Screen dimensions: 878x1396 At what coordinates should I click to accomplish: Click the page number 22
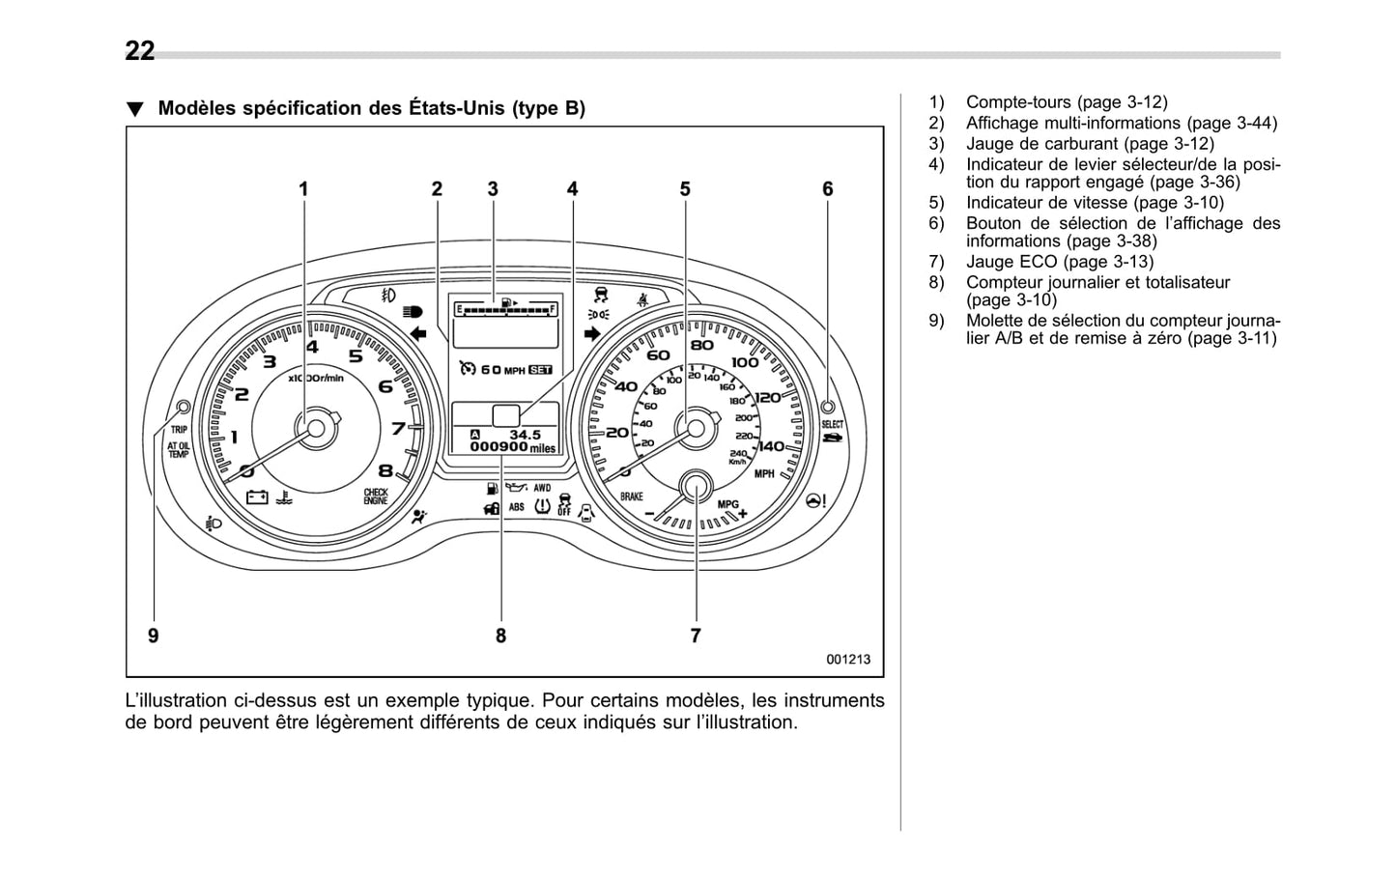139,51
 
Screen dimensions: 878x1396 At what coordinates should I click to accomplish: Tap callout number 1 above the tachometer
303,189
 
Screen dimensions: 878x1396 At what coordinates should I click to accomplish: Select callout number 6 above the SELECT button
827,189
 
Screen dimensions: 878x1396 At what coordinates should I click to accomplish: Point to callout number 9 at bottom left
154,636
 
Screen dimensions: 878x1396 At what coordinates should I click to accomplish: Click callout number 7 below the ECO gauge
696,636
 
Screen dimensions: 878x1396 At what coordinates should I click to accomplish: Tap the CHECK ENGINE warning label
376,496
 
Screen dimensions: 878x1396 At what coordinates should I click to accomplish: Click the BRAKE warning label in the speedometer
632,496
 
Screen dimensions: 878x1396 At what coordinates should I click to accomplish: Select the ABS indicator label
517,507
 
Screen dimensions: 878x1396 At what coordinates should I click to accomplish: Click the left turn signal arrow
418,334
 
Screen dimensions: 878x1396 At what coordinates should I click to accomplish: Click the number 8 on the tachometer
385,471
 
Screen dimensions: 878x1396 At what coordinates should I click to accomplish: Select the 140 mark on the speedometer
771,446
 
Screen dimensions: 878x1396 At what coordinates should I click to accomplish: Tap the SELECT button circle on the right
828,407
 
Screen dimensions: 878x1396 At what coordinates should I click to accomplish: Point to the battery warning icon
257,497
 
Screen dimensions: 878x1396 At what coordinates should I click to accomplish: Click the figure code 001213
847,659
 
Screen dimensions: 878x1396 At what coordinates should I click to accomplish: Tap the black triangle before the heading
135,109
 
